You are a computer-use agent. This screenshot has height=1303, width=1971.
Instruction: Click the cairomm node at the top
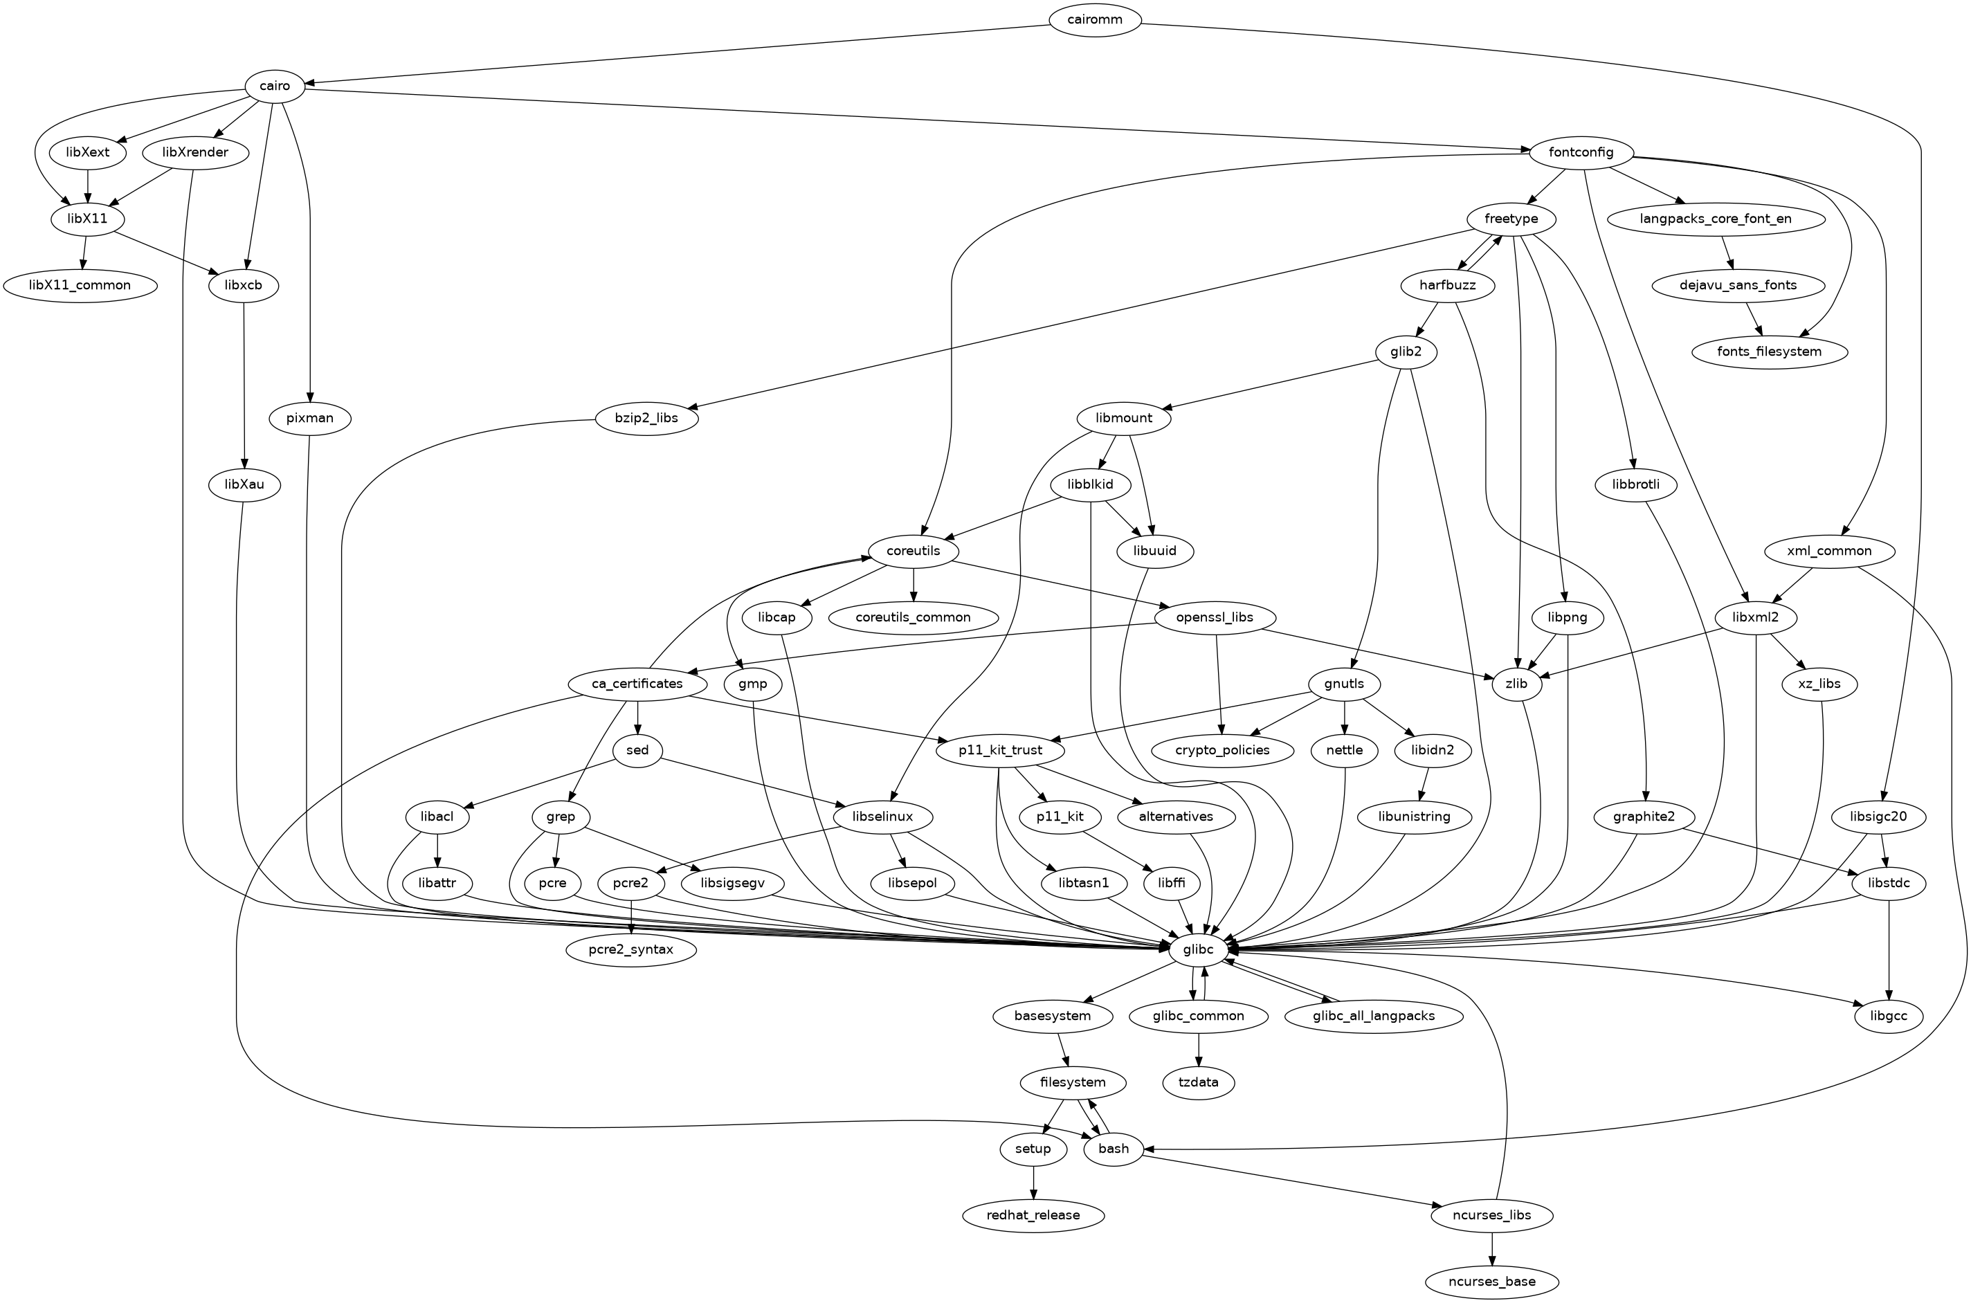(1095, 20)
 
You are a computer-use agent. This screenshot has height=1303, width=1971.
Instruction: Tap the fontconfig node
(1581, 153)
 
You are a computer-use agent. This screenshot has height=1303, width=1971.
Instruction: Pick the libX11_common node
(80, 285)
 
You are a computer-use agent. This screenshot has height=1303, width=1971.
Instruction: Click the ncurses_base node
(1492, 1282)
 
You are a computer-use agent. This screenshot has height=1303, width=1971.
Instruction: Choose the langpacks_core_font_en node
(1717, 219)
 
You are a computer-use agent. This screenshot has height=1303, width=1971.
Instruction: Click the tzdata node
(1198, 1083)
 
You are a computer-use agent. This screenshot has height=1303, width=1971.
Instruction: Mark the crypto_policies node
(1222, 750)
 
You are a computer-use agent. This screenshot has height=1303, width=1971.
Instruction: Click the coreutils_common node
(914, 617)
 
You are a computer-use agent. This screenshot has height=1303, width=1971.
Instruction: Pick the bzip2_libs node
(646, 418)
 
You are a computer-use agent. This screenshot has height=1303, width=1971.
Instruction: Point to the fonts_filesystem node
(1770, 352)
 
